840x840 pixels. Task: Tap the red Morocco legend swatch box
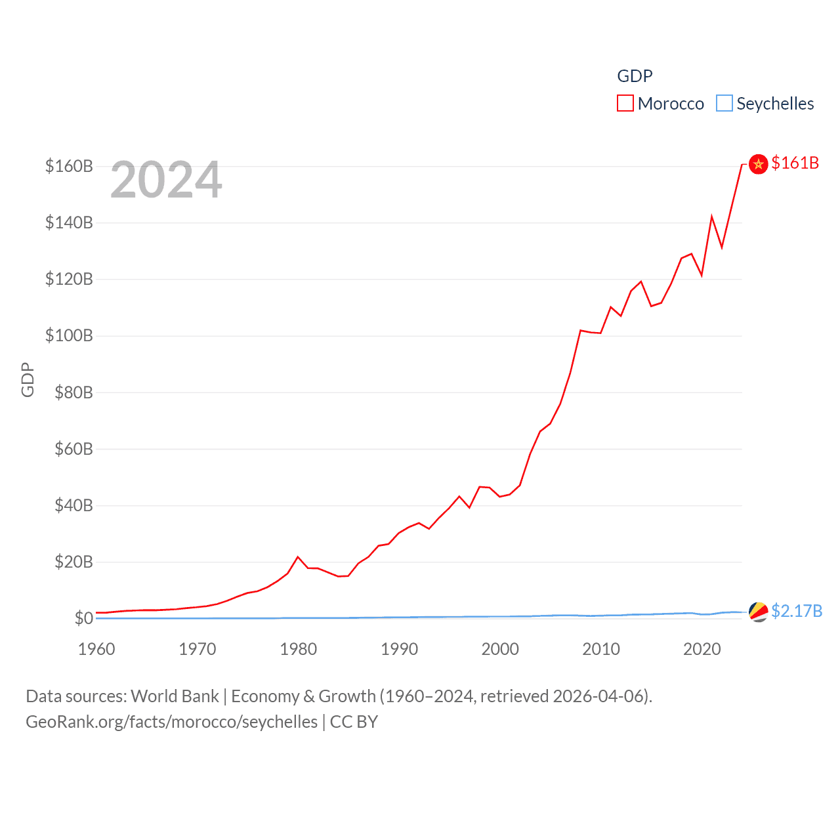(625, 104)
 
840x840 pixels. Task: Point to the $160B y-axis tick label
(69, 166)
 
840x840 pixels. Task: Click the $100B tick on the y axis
(69, 336)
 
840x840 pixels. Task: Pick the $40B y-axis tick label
(73, 506)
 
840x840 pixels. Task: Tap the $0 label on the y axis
(83, 619)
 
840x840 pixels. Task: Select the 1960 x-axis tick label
(96, 649)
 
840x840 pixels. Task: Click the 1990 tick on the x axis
(399, 649)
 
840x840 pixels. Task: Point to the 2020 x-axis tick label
(702, 649)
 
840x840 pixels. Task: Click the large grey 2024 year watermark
(166, 180)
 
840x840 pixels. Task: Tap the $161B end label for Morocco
(795, 163)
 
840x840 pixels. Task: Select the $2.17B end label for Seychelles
(797, 611)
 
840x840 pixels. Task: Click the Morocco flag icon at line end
(758, 164)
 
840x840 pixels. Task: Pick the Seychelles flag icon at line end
(758, 612)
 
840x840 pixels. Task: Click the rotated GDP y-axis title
(28, 379)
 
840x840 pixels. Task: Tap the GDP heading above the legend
(635, 76)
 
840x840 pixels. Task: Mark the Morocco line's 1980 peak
(298, 557)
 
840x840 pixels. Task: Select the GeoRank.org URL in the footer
(171, 722)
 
